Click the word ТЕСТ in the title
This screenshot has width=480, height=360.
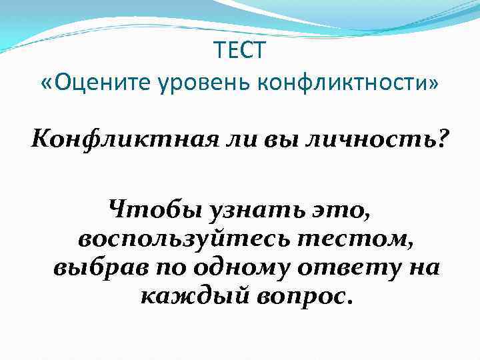pos(240,50)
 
